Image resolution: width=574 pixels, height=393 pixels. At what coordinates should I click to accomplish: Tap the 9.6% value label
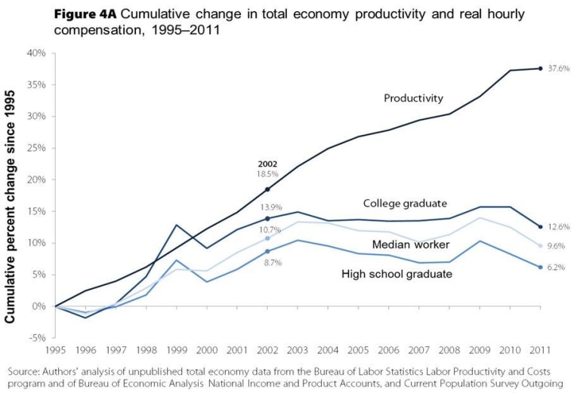556,246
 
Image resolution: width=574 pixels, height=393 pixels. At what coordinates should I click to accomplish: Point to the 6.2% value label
556,267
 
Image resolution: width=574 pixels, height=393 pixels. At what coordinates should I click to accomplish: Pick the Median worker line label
411,244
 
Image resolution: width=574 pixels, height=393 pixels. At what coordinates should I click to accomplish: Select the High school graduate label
397,274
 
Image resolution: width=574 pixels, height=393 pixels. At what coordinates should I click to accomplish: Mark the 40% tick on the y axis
36,54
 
